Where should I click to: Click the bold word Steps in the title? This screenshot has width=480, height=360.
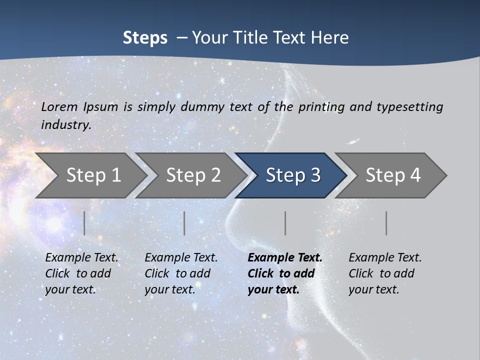[x=145, y=38]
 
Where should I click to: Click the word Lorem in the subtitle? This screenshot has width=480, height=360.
[x=59, y=106]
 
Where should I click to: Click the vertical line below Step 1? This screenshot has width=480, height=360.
[x=84, y=223]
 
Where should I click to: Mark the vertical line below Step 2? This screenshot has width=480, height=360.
[x=184, y=223]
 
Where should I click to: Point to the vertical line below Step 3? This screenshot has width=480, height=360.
[x=285, y=223]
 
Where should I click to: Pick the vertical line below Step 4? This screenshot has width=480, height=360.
[x=386, y=223]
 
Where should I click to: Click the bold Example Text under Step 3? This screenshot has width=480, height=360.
[x=285, y=258]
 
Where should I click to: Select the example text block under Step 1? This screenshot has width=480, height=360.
[x=81, y=273]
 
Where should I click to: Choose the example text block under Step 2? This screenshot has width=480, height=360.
[x=181, y=273]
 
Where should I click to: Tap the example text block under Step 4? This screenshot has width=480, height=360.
[x=385, y=273]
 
